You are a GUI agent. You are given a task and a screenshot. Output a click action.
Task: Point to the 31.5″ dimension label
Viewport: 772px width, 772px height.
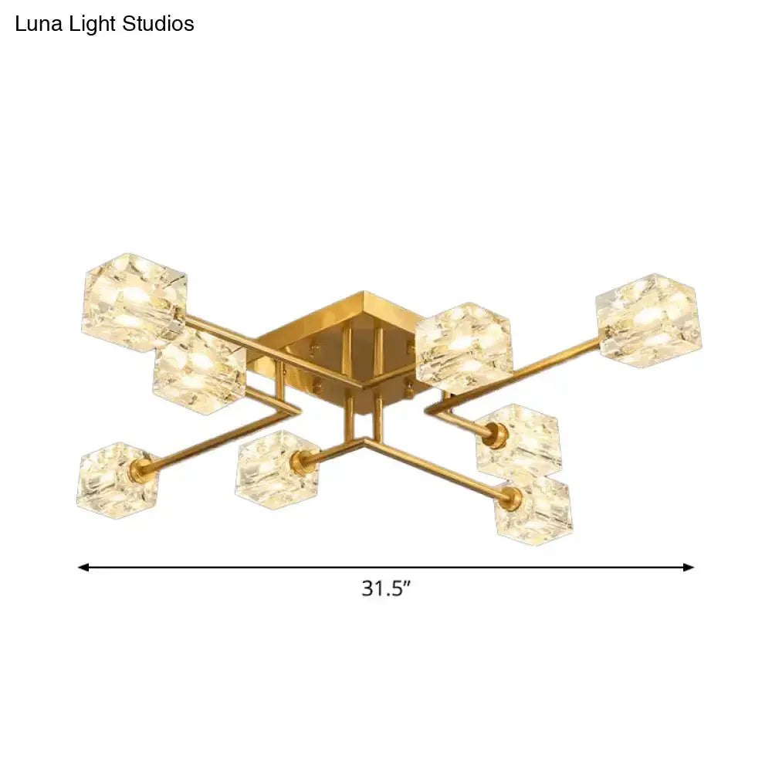(385, 589)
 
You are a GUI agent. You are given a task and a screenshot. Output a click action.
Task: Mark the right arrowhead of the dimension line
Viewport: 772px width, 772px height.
(689, 567)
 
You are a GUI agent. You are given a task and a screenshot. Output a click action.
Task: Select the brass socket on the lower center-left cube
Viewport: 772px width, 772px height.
(302, 461)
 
